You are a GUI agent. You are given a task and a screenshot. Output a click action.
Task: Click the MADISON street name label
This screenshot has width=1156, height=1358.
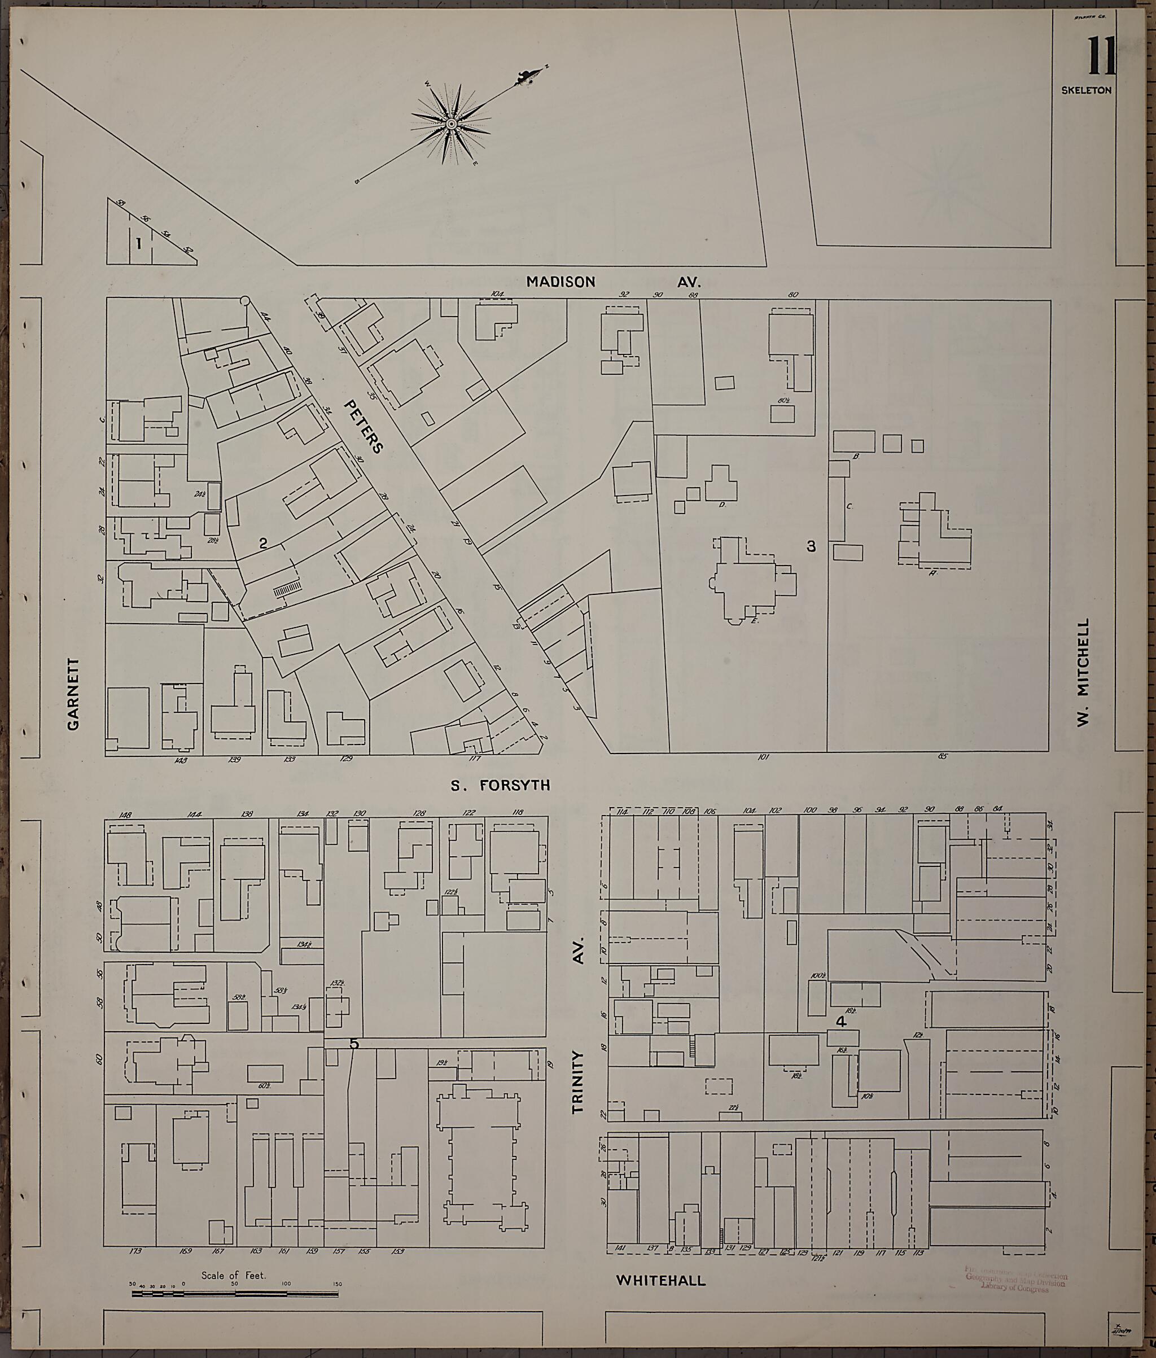click(x=561, y=282)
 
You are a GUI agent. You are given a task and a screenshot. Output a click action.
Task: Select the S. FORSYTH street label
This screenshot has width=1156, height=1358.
click(x=500, y=785)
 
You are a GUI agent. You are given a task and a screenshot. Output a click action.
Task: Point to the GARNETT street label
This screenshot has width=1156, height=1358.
click(x=73, y=695)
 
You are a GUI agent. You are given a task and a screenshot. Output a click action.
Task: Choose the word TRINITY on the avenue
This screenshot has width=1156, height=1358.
click(x=577, y=1082)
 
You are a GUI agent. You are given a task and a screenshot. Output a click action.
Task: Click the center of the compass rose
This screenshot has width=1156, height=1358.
click(x=451, y=123)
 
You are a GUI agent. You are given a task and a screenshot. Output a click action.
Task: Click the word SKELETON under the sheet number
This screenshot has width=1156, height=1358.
click(x=1087, y=90)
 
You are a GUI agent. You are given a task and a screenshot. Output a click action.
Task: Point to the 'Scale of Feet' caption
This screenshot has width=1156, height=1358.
click(x=233, y=1276)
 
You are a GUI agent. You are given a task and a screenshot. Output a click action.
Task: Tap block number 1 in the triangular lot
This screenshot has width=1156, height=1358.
click(x=138, y=244)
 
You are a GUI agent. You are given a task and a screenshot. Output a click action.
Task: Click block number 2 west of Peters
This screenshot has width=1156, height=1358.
click(x=263, y=544)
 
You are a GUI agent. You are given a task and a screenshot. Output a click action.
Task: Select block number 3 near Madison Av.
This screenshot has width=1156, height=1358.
click(x=811, y=546)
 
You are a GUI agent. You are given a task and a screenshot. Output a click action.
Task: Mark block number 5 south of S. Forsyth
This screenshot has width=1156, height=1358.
click(x=354, y=1044)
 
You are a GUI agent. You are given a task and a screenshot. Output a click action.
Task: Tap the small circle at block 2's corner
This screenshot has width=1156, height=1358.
click(x=245, y=300)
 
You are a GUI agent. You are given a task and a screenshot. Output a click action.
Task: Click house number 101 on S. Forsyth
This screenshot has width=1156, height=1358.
click(x=763, y=757)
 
